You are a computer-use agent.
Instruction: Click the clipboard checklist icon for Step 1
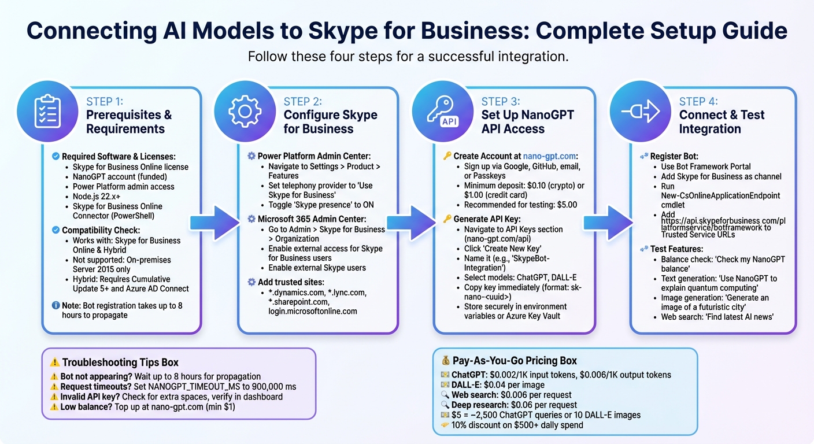click(x=48, y=111)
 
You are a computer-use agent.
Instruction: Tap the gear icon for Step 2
click(x=245, y=111)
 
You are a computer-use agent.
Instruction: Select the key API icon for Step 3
click(x=443, y=111)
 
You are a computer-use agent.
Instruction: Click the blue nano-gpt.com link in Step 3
click(x=550, y=156)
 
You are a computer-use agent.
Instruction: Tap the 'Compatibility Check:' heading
click(x=101, y=230)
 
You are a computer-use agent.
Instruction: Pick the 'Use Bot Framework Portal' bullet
click(x=706, y=166)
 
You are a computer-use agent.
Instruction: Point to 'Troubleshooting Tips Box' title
click(x=120, y=362)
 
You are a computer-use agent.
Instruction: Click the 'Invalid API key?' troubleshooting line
click(x=171, y=397)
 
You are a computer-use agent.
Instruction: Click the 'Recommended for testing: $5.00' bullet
click(x=520, y=205)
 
